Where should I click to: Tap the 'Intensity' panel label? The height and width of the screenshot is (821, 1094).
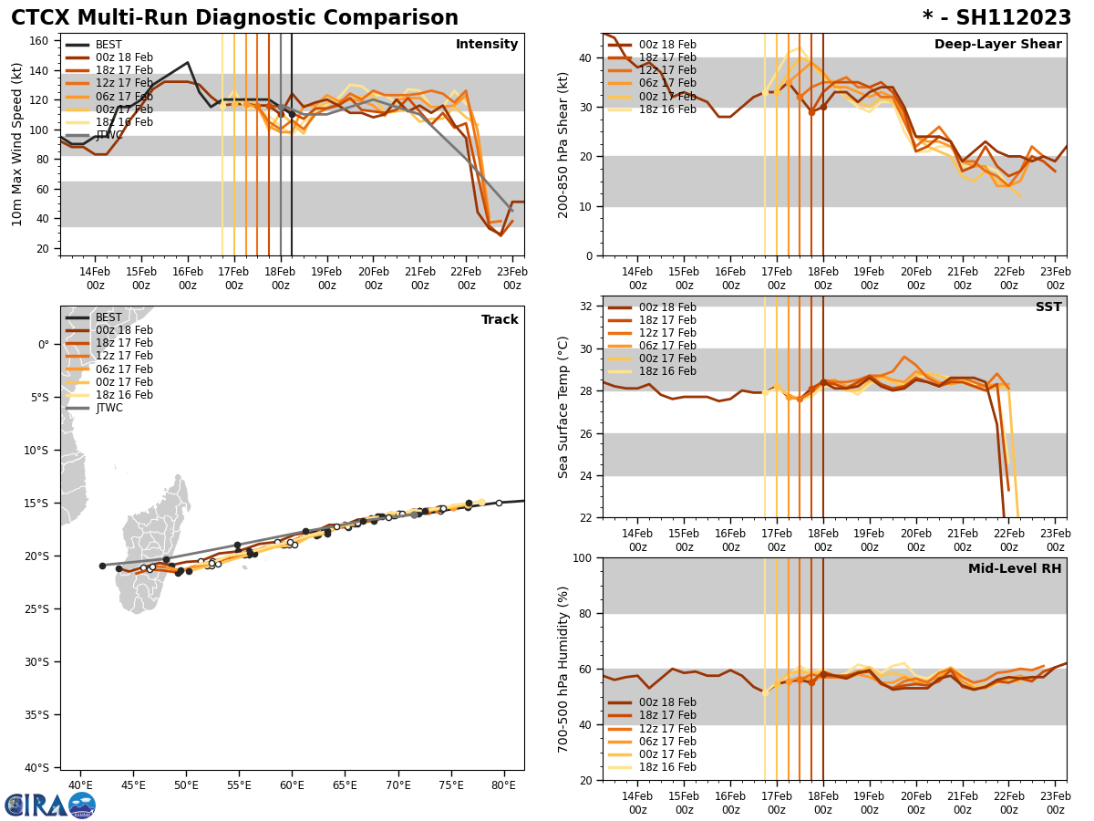487,45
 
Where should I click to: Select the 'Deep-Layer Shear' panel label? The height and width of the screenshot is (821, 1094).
997,45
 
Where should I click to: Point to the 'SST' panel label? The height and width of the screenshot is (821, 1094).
1048,307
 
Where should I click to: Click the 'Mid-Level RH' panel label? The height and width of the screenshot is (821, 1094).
1015,569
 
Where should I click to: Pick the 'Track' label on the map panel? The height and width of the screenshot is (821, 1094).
500,320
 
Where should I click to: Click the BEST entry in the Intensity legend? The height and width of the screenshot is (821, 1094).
108,45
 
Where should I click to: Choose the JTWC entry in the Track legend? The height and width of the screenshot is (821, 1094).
108,408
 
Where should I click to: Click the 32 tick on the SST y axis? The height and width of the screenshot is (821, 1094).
587,307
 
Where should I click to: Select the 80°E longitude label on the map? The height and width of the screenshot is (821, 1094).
503,785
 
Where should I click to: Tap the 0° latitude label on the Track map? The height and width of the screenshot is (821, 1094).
44,345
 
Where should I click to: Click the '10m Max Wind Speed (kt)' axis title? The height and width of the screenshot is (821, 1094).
17,144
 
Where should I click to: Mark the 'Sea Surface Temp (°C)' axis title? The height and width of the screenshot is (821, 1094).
563,407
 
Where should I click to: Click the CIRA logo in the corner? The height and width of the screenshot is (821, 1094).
49,805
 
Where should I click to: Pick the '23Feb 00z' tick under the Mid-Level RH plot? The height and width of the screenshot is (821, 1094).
1055,803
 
